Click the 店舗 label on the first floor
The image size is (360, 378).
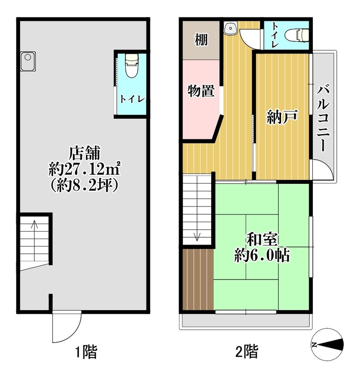pyautogui.click(x=85, y=153)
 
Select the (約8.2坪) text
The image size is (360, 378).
pyautogui.click(x=85, y=185)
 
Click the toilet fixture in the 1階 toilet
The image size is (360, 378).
pyautogui.click(x=132, y=66)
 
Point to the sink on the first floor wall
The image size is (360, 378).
pyautogui.click(x=28, y=61)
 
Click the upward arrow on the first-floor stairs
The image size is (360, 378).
pyautogui.click(x=34, y=241)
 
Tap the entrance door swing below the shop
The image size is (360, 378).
pyautogui.click(x=67, y=326)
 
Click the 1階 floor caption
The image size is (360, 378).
pyautogui.click(x=86, y=352)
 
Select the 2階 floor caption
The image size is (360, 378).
pyautogui.click(x=247, y=352)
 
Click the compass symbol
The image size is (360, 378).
pyautogui.click(x=327, y=344)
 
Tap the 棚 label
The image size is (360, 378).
pyautogui.click(x=201, y=40)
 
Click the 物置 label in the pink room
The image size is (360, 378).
pyautogui.click(x=201, y=91)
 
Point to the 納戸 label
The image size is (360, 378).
pyautogui.click(x=282, y=117)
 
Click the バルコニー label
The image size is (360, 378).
pyautogui.click(x=323, y=118)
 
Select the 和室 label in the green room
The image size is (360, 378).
pyautogui.click(x=262, y=240)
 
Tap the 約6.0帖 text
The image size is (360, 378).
pyautogui.click(x=262, y=255)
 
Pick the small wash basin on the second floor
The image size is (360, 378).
pyautogui.click(x=231, y=28)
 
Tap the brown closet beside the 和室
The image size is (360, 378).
pyautogui.click(x=198, y=279)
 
